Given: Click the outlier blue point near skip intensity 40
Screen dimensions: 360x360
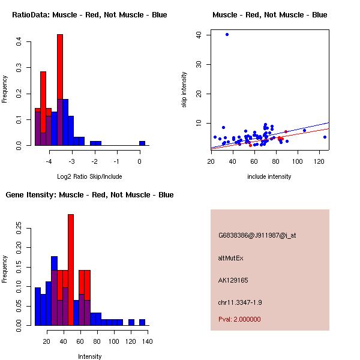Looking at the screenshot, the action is (x=227, y=34).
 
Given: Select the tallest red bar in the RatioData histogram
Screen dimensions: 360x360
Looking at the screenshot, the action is (x=60, y=67).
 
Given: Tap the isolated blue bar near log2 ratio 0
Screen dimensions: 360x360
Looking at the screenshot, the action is (x=142, y=143).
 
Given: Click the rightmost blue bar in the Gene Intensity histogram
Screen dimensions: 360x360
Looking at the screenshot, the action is (x=142, y=322).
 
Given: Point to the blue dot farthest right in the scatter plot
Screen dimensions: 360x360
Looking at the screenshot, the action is (x=325, y=137).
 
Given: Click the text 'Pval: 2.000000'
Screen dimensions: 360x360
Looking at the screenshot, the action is (x=239, y=319).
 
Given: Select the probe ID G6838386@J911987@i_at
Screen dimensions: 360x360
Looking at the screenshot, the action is (x=257, y=235).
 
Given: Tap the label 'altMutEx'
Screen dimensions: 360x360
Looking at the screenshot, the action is (x=230, y=258).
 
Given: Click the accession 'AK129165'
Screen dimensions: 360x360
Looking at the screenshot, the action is (x=233, y=280).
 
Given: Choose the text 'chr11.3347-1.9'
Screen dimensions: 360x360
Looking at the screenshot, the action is (x=240, y=302).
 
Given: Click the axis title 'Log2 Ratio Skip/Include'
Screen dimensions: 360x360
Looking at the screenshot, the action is (x=89, y=176).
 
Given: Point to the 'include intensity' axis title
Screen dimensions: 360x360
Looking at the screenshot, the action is (x=269, y=176).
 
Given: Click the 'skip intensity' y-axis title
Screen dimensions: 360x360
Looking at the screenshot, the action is (x=184, y=89).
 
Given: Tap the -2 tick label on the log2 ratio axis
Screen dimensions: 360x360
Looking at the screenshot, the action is (x=94, y=161).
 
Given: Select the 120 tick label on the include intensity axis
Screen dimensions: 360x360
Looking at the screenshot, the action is (x=319, y=161).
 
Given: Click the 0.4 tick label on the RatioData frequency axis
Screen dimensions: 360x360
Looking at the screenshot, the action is (x=19, y=41).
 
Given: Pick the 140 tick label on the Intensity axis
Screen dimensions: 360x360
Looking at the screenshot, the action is (x=148, y=341).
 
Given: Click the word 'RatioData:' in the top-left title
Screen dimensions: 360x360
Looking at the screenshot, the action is (x=31, y=15).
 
